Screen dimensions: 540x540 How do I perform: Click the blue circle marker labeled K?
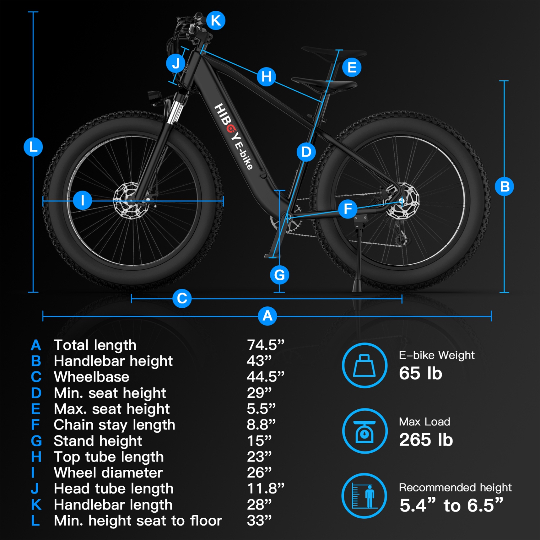216,21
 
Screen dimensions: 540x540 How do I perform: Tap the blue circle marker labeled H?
266,76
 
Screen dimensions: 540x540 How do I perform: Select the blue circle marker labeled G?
279,275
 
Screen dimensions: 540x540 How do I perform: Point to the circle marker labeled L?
33,147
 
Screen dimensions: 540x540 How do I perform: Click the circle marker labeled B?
504,186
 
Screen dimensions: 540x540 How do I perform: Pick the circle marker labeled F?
348,209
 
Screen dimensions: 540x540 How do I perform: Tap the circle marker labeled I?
82,200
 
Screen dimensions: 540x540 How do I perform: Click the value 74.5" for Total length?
265,345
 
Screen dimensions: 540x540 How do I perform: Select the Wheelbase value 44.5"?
265,377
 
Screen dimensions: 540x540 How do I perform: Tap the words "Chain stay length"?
114,425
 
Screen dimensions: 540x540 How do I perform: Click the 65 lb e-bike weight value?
420,373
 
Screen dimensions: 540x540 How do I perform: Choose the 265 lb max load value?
426,440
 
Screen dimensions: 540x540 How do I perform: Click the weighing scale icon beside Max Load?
365,431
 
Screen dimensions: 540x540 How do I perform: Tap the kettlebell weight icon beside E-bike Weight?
365,365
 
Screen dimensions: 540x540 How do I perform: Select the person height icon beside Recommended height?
365,496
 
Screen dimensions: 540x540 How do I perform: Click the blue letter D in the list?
36,393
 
